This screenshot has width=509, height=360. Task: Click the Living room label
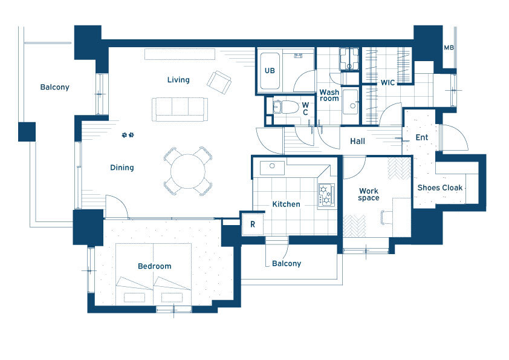[x=178, y=80]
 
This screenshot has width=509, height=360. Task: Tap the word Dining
[x=122, y=168]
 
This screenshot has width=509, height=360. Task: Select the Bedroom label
[x=155, y=266]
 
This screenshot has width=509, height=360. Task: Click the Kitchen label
[x=286, y=205]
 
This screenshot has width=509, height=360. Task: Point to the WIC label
[x=387, y=82]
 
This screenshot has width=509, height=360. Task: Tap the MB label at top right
[x=449, y=48]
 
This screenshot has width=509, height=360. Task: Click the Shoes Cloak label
[x=440, y=188]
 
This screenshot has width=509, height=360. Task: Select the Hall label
[x=357, y=142]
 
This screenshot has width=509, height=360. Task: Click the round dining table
[x=188, y=171]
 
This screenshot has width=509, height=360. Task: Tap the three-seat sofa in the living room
[x=180, y=110]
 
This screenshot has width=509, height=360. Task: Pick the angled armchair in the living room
[x=219, y=82]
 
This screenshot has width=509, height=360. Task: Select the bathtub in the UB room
[x=270, y=71]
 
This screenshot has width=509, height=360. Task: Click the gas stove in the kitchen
[x=326, y=195]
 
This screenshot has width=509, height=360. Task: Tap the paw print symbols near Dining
[x=128, y=135]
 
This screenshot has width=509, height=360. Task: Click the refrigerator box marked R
[x=253, y=224]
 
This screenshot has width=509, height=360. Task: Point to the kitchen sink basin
[x=273, y=168]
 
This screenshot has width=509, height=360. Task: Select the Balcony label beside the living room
[x=54, y=87]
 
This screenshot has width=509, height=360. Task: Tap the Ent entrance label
[x=422, y=137]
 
